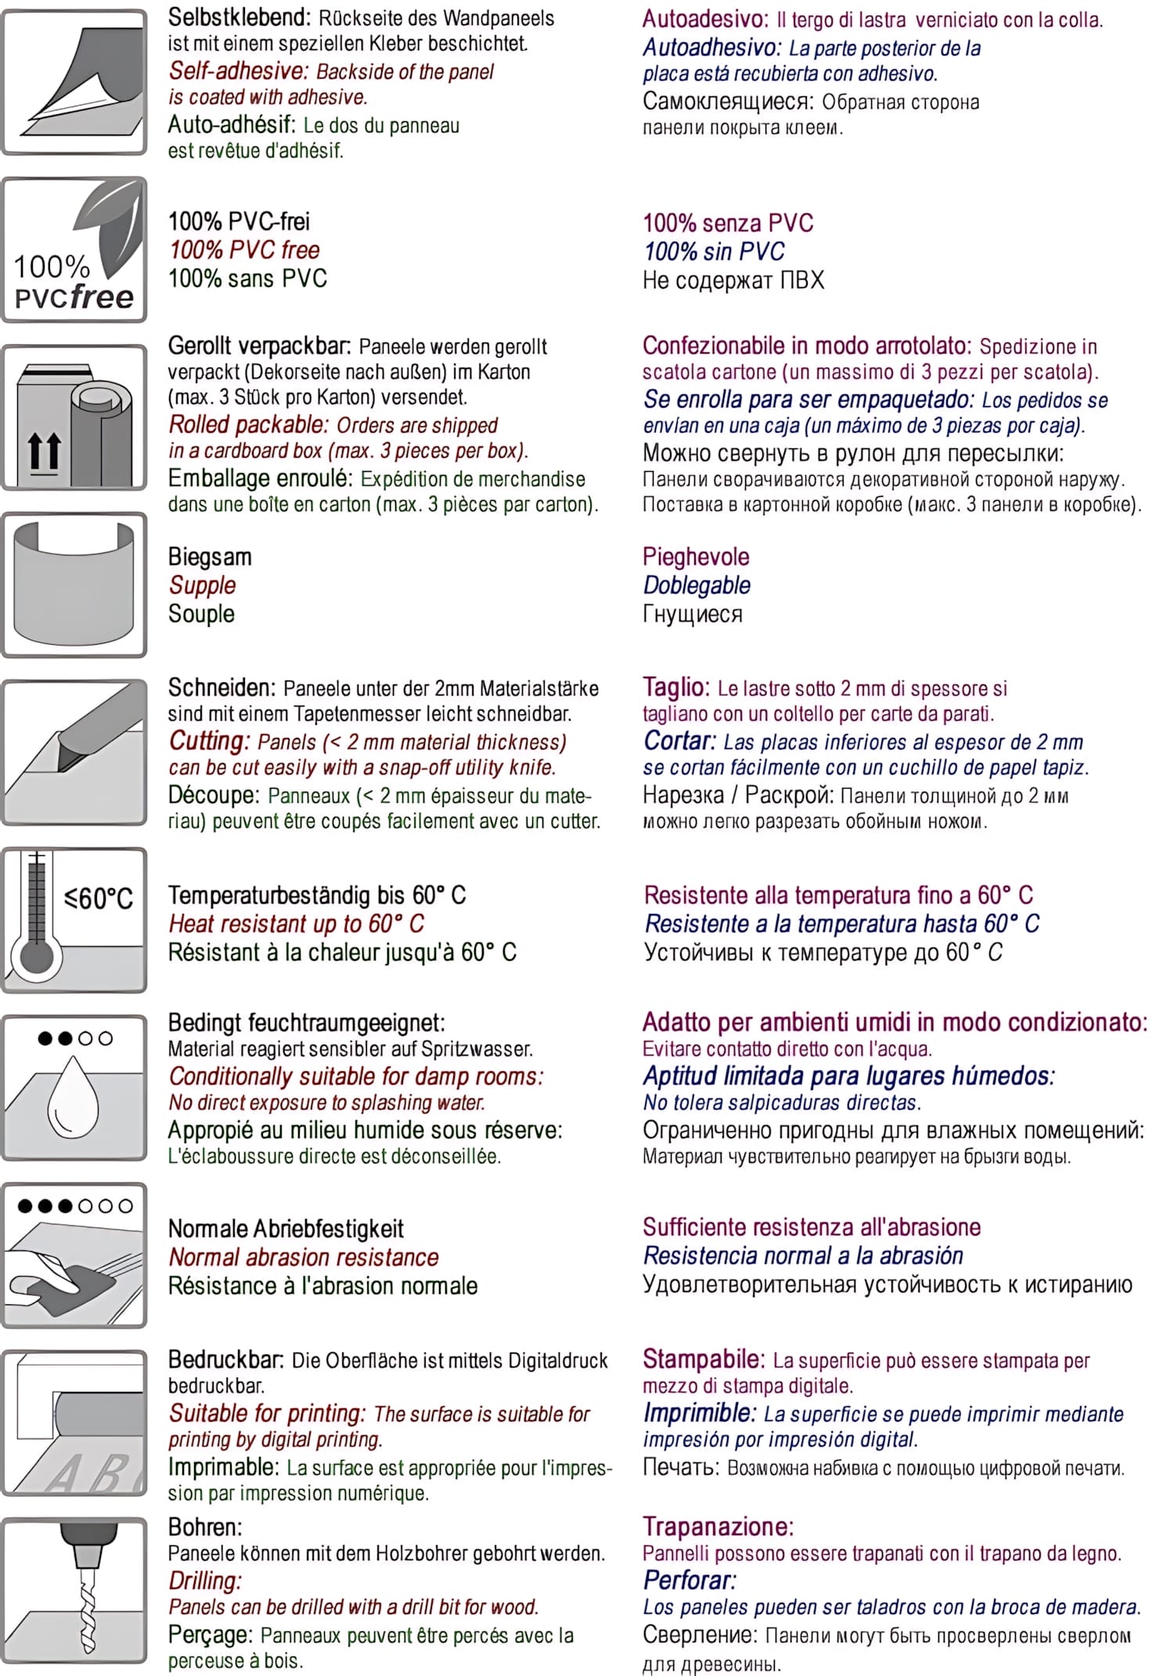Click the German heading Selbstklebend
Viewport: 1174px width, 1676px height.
239,17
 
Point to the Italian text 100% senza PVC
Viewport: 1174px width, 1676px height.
727,223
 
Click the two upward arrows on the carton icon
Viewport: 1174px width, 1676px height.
44,452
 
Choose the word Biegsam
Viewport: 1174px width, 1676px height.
210,557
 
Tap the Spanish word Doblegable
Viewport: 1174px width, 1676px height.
696,585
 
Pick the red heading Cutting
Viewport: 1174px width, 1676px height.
208,741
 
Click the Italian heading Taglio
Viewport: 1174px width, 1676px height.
675,687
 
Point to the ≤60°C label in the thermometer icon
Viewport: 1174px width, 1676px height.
99,898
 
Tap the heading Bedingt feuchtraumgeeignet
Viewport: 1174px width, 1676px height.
306,1023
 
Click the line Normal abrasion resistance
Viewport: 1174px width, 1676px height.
304,1257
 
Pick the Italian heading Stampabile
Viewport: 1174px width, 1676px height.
702,1359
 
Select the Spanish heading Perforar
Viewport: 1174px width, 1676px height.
689,1580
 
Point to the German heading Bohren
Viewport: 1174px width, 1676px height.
205,1527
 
